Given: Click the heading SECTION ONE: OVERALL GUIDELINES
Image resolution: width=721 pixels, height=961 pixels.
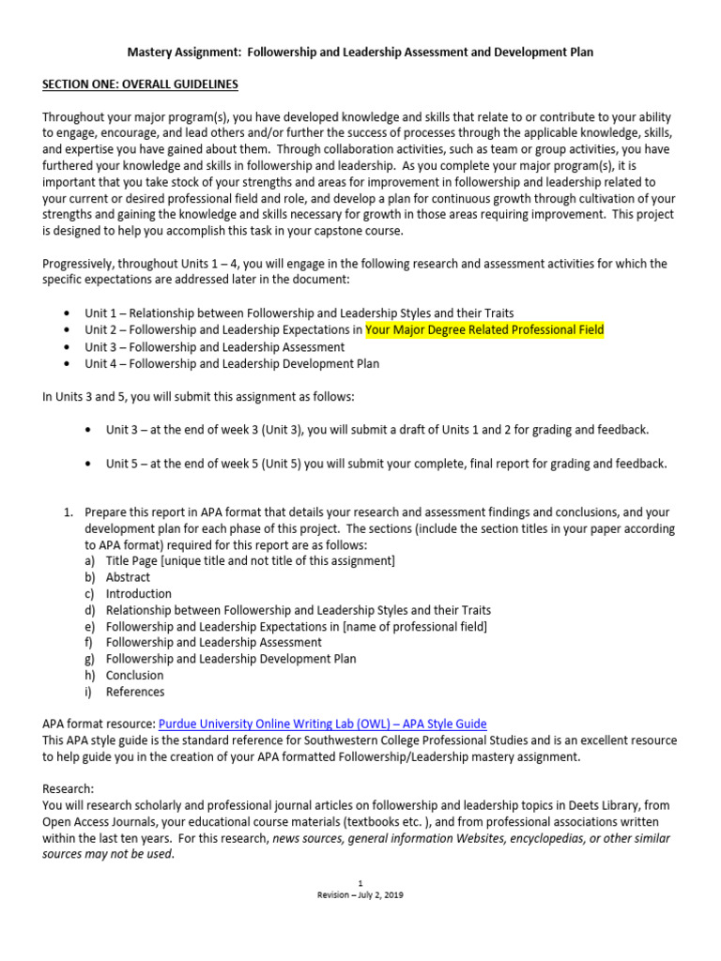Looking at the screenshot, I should (140, 84).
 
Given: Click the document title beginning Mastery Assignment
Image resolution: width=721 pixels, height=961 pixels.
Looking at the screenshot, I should (360, 52).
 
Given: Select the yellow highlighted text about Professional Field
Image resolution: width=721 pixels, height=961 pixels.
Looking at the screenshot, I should (484, 330).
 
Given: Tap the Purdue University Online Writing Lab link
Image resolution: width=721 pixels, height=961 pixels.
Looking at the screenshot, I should (323, 724).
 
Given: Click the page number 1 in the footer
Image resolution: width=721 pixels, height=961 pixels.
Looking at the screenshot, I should (360, 883).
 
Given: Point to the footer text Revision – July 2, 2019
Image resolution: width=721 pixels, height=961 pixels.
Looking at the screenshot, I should (360, 894).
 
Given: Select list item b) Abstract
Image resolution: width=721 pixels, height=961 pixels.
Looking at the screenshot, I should (128, 577).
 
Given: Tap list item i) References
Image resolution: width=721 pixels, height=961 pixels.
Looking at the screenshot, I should (134, 692).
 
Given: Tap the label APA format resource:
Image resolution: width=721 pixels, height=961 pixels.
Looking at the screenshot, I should (100, 724).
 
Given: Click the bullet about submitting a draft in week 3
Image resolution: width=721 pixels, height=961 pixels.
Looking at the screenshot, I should (376, 430).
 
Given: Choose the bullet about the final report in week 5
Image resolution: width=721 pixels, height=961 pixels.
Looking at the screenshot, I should (386, 464).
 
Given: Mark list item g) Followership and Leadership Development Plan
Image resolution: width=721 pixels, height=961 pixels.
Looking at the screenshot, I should (231, 659).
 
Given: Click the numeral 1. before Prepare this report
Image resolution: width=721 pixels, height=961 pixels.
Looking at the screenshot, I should (68, 512).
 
